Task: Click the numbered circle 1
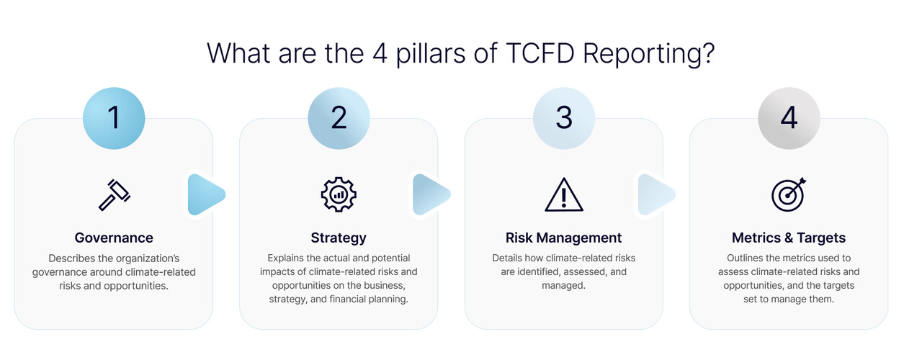tap(114, 118)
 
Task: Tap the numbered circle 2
tap(339, 118)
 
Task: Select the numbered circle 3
tap(564, 118)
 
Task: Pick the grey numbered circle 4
tap(789, 118)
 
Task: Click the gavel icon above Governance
tap(114, 194)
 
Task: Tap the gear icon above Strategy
tap(339, 194)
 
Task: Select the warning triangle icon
tap(564, 194)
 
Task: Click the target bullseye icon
tap(789, 194)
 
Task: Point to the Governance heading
tap(114, 238)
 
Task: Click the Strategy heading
tap(339, 238)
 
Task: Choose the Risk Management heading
tap(563, 238)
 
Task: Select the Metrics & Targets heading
tap(789, 238)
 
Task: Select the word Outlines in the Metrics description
tap(748, 258)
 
